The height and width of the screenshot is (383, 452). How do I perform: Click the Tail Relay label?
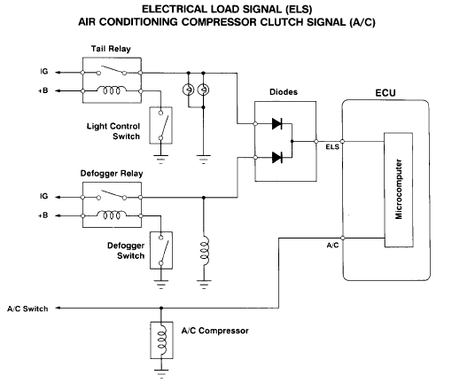(x=111, y=49)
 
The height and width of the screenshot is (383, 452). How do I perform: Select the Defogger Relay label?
(x=112, y=174)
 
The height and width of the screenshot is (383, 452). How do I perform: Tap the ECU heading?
(x=386, y=93)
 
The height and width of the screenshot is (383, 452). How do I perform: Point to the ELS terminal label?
(x=332, y=147)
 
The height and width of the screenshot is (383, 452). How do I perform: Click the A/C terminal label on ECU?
(x=332, y=246)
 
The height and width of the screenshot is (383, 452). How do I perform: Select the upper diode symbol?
(x=277, y=123)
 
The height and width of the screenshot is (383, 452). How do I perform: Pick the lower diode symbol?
(x=277, y=158)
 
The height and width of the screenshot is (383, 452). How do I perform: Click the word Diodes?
(x=284, y=92)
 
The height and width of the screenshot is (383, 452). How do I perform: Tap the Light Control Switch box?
(x=160, y=125)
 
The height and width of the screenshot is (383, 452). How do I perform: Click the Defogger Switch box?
(x=161, y=250)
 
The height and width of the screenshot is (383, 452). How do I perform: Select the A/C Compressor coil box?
(x=161, y=340)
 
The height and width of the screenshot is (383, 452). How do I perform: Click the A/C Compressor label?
(x=214, y=331)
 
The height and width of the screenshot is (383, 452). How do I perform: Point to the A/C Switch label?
(x=27, y=309)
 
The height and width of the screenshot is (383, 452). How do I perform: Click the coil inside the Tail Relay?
(x=112, y=90)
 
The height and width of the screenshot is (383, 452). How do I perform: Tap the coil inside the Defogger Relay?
(x=112, y=215)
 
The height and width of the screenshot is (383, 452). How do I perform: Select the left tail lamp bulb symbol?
(x=189, y=90)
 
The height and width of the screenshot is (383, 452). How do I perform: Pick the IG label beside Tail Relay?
(x=44, y=72)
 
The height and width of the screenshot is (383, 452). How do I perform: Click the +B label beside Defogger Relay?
(x=43, y=215)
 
